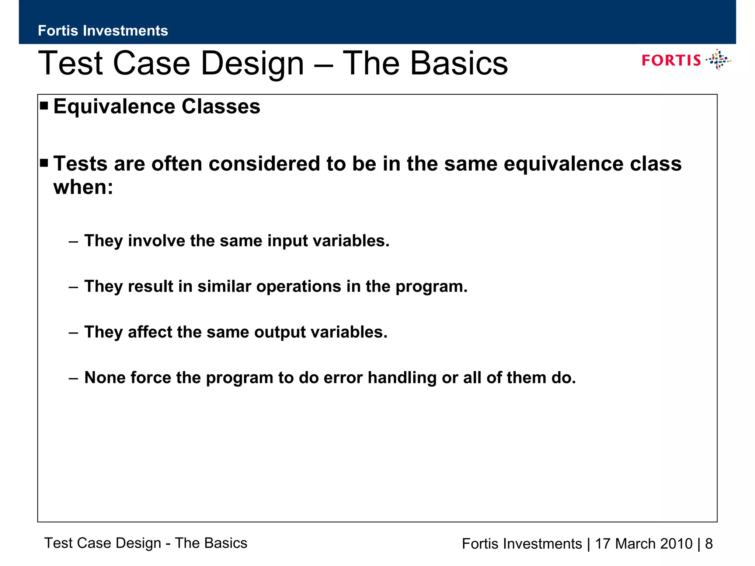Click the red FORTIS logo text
point(671,60)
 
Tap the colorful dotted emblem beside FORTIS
point(718,60)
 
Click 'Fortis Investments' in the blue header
point(103,31)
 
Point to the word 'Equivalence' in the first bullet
point(114,107)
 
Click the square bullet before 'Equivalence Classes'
point(44,106)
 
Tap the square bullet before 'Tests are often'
point(44,163)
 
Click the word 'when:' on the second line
point(83,187)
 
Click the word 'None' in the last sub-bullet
point(105,378)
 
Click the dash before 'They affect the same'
point(73,332)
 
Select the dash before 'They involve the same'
point(73,241)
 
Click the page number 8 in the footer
point(709,544)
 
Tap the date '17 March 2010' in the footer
point(644,544)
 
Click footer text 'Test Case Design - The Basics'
point(146,543)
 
